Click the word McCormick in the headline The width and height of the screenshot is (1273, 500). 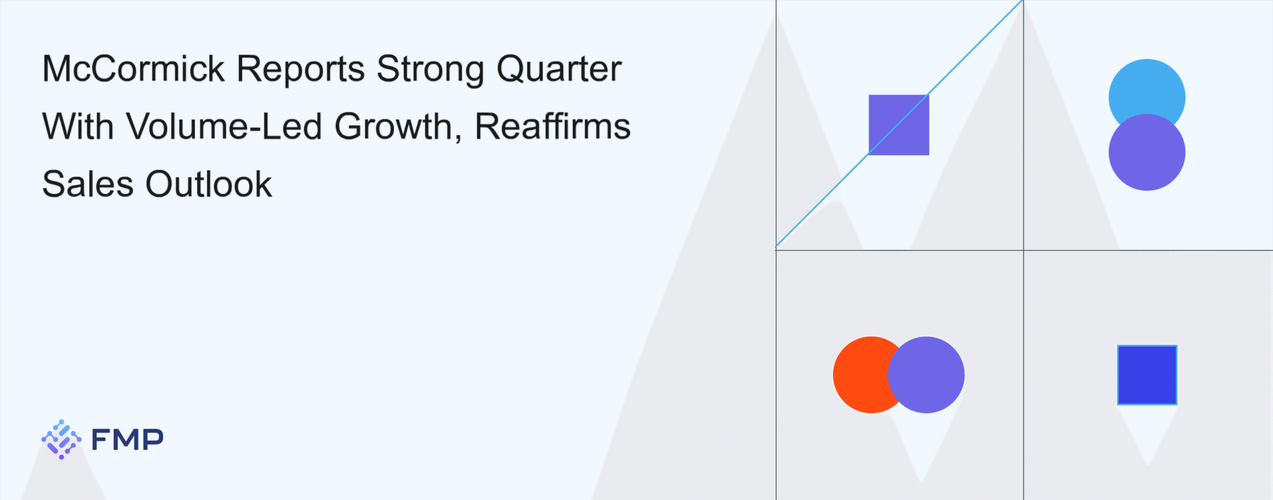click(134, 68)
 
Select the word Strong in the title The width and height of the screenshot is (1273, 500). click(431, 70)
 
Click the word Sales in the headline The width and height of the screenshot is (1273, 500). click(88, 184)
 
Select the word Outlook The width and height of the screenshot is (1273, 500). click(209, 184)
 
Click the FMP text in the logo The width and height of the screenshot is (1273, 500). click(127, 439)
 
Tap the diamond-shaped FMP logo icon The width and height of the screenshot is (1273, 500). click(61, 439)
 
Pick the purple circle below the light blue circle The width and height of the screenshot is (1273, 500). click(1147, 152)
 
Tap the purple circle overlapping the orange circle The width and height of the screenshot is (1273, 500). click(926, 375)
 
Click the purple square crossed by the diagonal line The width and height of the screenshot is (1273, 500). click(899, 125)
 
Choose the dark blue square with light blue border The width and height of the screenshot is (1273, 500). click(1147, 375)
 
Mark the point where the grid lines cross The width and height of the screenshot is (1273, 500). click(1023, 250)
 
